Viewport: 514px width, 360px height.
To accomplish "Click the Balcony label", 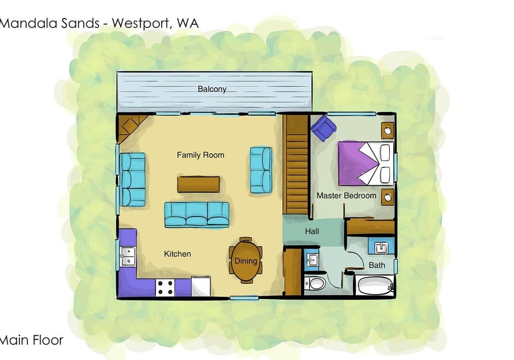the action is point(212,89).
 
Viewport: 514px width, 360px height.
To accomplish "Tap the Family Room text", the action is point(200,155).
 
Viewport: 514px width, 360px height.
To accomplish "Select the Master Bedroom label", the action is point(346,196).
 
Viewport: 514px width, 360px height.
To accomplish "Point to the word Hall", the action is point(312,231).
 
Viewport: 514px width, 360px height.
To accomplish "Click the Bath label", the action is point(377,265).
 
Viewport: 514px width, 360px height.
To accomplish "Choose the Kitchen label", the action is point(177,254).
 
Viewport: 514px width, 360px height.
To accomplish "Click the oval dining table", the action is point(246,260).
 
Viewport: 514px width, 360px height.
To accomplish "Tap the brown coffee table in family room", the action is point(198,184).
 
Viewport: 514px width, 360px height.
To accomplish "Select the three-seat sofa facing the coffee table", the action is point(197,214).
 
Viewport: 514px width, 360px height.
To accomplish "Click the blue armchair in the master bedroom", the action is point(323,128).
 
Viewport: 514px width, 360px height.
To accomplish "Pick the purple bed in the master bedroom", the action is point(366,163).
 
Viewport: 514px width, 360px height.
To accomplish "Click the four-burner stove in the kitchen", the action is point(164,287).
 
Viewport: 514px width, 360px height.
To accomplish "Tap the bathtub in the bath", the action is point(375,285).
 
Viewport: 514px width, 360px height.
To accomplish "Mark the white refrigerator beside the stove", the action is point(200,286).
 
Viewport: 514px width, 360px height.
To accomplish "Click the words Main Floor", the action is point(31,340).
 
